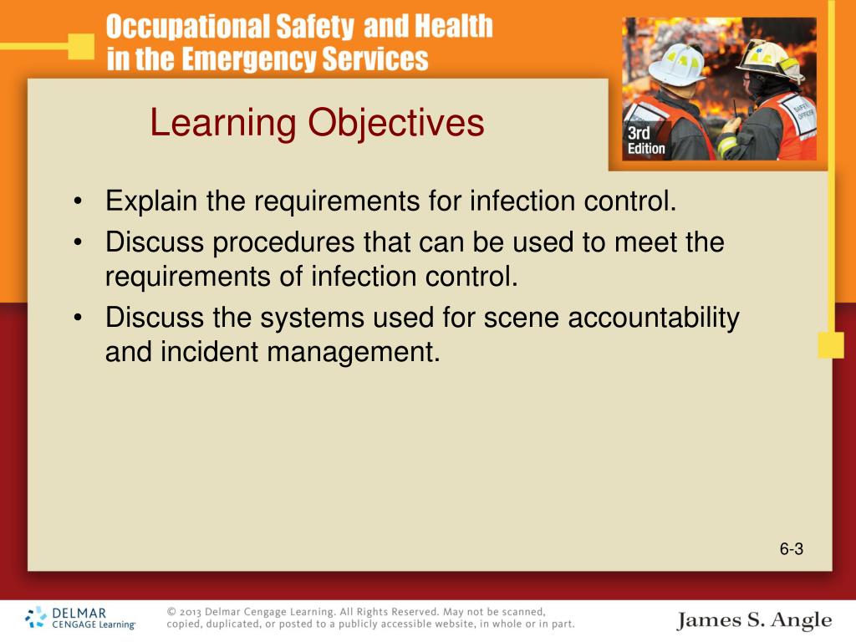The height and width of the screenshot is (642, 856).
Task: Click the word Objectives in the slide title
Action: coord(396,123)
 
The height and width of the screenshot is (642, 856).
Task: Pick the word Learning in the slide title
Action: coord(223,123)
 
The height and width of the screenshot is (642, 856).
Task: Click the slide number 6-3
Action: coord(791,549)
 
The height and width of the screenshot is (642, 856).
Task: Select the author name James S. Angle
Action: coord(754,620)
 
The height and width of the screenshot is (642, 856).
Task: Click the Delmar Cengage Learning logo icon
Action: coord(36,618)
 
